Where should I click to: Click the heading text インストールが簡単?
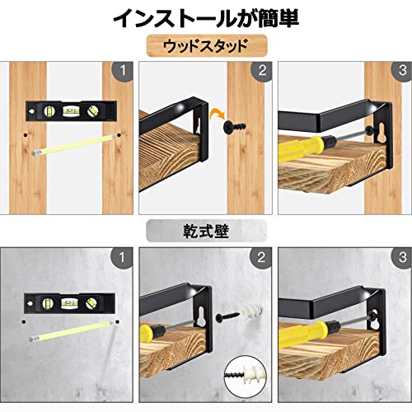[206, 18]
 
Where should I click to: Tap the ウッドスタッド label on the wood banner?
[206, 45]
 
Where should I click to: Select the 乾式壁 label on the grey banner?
[206, 232]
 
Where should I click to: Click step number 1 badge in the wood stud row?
[123, 71]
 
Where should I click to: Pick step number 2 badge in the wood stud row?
[262, 71]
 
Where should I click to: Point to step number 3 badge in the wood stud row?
[401, 71]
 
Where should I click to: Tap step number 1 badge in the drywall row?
[122, 258]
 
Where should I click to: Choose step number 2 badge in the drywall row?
[261, 258]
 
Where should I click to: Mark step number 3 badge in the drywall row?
[401, 258]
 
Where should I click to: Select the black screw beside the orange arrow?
[235, 126]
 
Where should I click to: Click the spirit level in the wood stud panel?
[71, 111]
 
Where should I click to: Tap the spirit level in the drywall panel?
[69, 303]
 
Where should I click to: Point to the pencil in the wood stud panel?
[73, 145]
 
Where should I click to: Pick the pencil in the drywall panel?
[71, 331]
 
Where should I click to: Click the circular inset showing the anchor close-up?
[246, 377]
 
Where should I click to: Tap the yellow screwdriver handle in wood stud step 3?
[302, 147]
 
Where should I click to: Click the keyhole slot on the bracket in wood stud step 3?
[382, 133]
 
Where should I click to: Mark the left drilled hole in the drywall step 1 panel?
[24, 321]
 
